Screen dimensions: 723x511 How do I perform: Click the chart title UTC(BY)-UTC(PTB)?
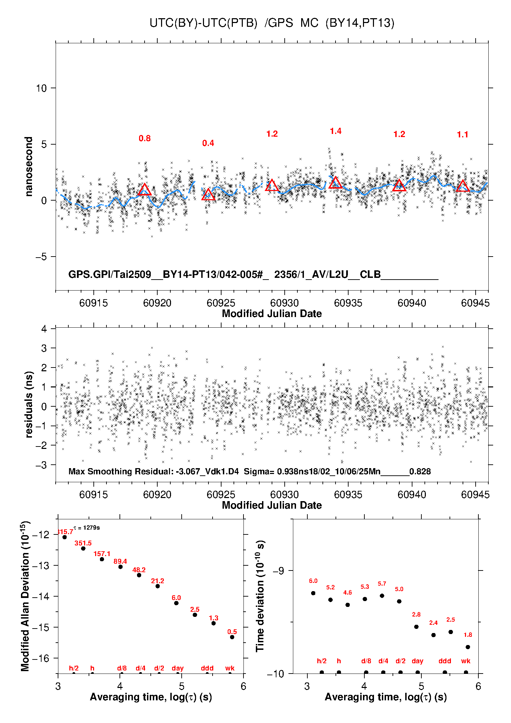point(203,23)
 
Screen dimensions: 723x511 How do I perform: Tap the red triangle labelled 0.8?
point(145,190)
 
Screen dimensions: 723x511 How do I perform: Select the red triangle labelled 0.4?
point(208,195)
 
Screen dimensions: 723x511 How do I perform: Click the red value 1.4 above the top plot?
point(336,131)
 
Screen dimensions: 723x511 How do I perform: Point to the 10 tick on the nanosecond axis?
point(41,88)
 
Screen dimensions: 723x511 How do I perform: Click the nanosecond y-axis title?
point(29,167)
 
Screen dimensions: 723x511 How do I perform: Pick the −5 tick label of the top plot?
point(41,257)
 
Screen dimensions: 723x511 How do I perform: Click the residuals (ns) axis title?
point(29,404)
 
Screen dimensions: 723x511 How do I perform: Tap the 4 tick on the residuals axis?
point(44,329)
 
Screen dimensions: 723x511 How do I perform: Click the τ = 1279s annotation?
point(87,527)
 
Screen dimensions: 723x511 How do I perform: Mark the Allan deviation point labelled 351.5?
point(83,549)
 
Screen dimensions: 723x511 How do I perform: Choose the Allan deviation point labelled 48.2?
point(139,575)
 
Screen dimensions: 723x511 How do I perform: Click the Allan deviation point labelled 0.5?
point(232,637)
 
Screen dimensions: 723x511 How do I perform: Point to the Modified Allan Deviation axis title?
point(25,596)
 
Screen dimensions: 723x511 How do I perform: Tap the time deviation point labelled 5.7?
point(382,596)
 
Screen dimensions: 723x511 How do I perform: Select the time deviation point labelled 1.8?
point(468,647)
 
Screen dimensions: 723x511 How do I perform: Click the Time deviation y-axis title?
point(260,596)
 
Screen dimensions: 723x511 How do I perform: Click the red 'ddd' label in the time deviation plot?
point(445,661)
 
